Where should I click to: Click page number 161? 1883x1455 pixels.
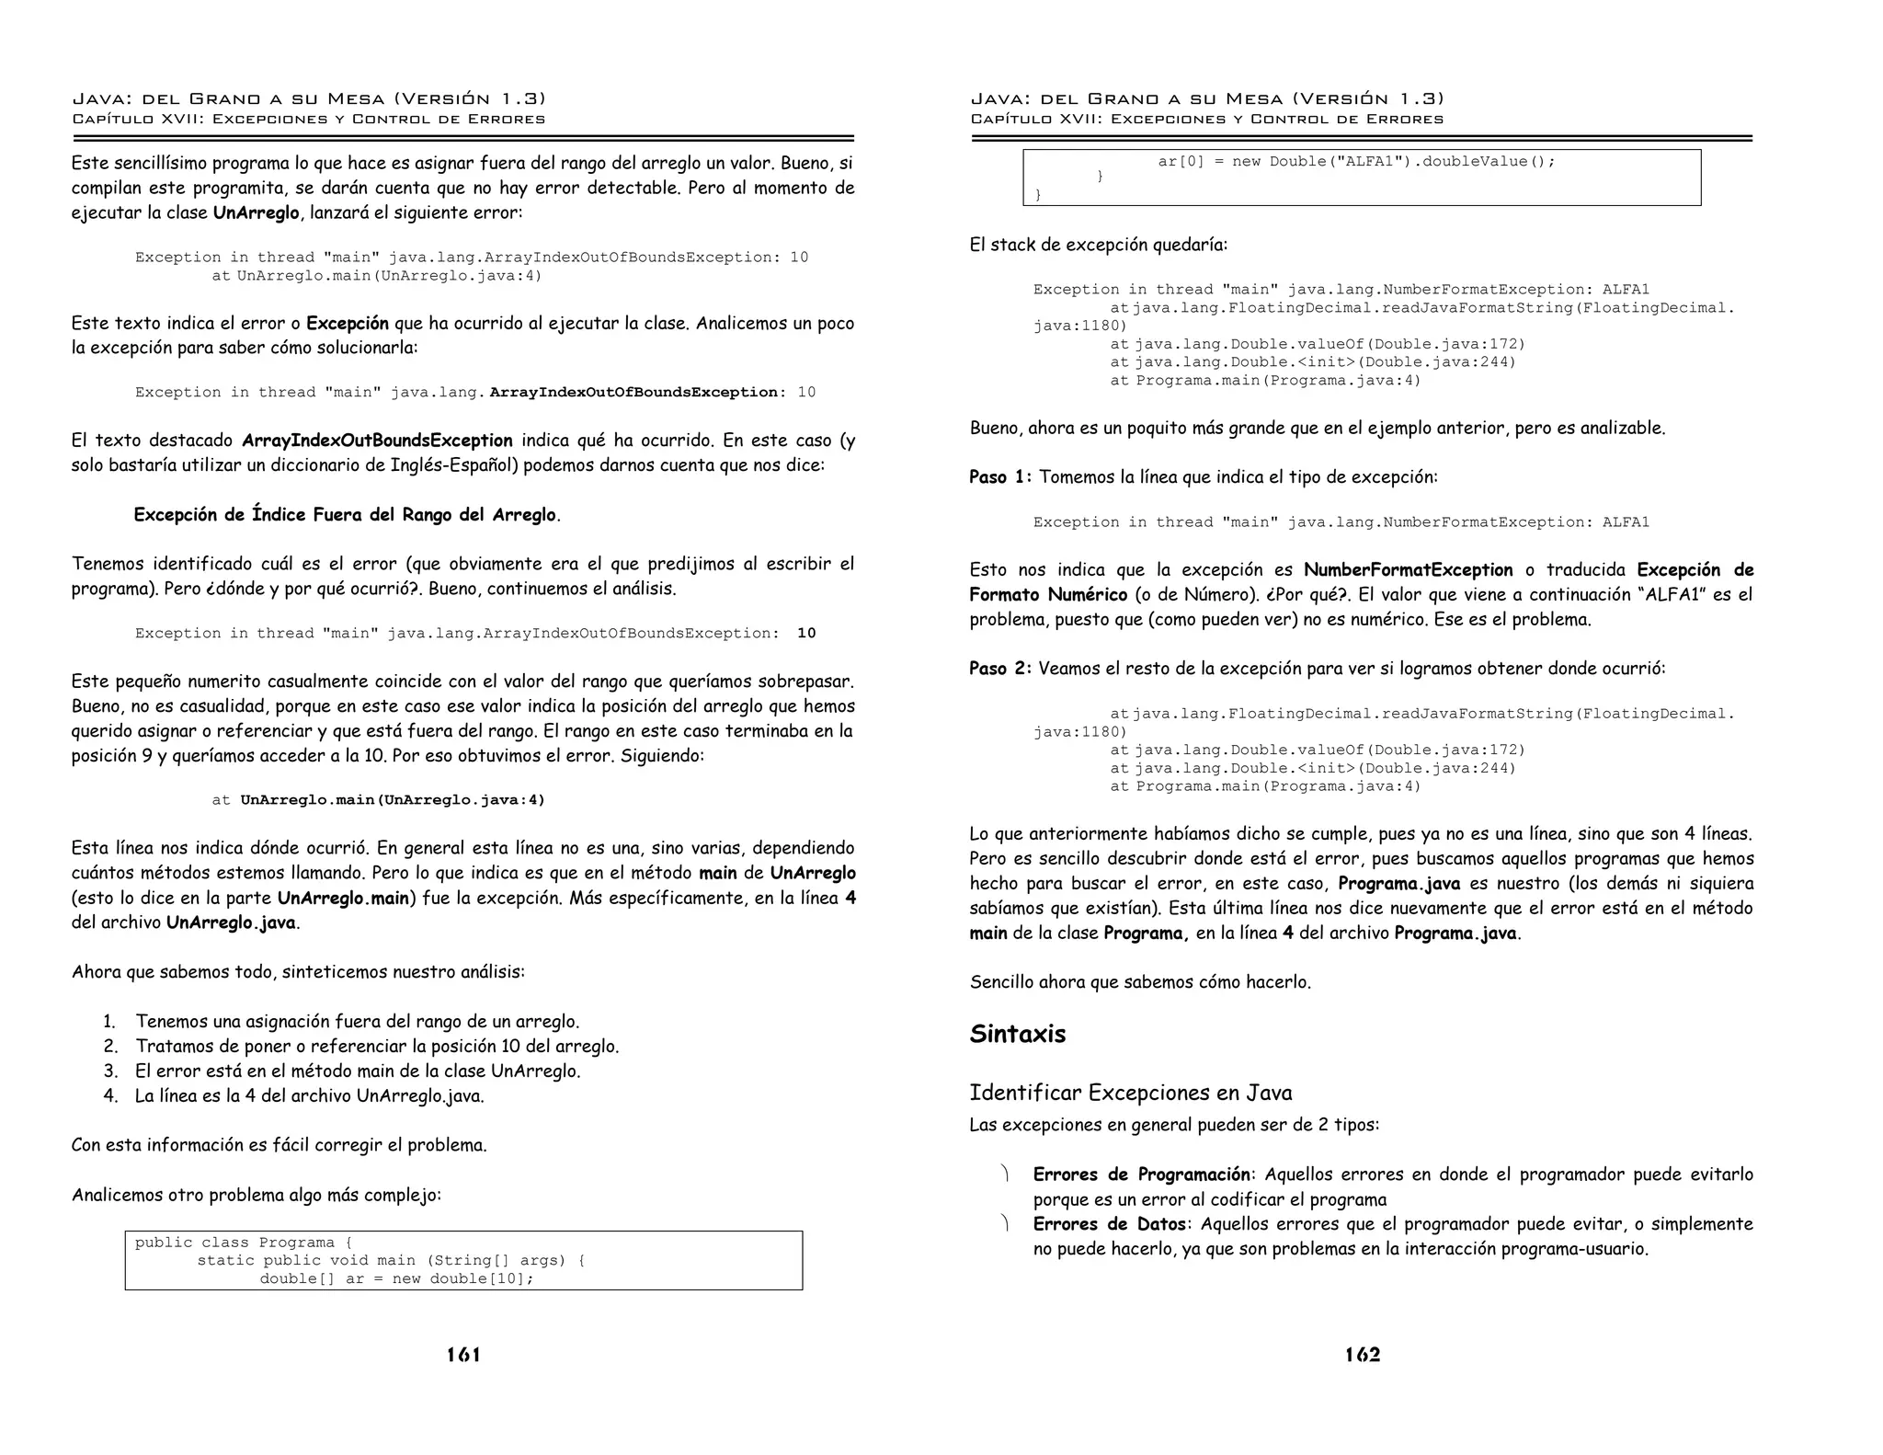(463, 1355)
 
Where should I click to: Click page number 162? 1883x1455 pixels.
(1362, 1355)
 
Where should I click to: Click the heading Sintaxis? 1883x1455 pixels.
(1017, 1034)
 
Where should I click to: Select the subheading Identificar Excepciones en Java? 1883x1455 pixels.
(1130, 1093)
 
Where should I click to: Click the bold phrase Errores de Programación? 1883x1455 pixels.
(1140, 1174)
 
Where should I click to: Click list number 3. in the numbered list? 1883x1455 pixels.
(111, 1071)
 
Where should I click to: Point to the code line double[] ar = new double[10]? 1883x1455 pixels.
(396, 1278)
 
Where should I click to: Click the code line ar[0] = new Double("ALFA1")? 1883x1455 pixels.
(1356, 162)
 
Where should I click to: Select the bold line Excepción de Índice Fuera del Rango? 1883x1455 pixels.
(346, 515)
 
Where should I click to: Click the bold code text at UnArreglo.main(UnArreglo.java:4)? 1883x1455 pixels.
(393, 800)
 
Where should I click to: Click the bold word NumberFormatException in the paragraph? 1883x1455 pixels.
(1408, 570)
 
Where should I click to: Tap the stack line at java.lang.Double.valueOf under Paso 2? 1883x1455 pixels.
(1317, 750)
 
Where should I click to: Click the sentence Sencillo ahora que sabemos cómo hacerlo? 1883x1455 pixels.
(1140, 982)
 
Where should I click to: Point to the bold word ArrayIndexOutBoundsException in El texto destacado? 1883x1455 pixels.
(377, 441)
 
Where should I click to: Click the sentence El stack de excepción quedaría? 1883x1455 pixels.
(1098, 245)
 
